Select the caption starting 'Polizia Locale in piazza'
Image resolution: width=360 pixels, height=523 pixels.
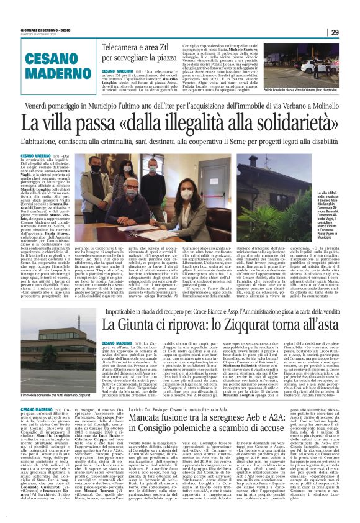point(317,91)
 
